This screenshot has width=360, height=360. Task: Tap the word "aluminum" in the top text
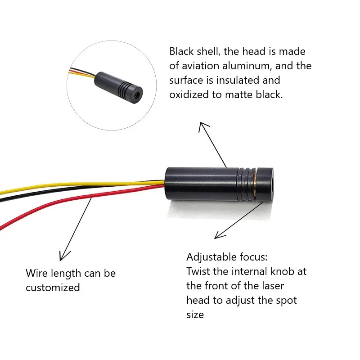246,66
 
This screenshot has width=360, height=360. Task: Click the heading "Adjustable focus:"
227,257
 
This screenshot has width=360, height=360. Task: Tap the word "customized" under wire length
53,287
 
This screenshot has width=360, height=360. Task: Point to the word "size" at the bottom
195,315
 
